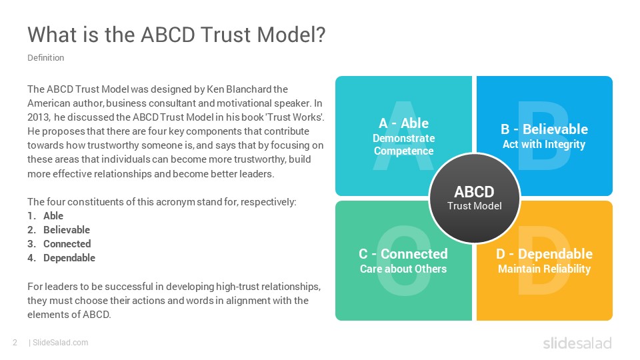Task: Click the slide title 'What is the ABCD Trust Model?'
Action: pos(176,34)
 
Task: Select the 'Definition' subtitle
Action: pos(46,57)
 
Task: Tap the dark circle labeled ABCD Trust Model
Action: pos(474,199)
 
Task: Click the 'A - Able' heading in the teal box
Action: pos(404,123)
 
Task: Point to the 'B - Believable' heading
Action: pos(544,129)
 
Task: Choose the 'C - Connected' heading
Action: pos(403,254)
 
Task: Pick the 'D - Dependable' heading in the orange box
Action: pos(544,254)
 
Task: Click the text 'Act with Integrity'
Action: pos(544,144)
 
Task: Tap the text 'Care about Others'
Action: pos(403,269)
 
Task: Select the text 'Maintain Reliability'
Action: pos(544,269)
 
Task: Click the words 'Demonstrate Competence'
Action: pos(404,145)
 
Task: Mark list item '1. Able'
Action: pos(45,215)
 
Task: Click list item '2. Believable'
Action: pos(59,230)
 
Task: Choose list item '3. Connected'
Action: pos(59,244)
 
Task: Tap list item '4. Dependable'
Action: pos(61,258)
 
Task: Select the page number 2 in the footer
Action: pos(15,343)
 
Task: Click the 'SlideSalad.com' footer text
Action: pos(61,343)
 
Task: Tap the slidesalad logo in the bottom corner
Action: pos(577,343)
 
